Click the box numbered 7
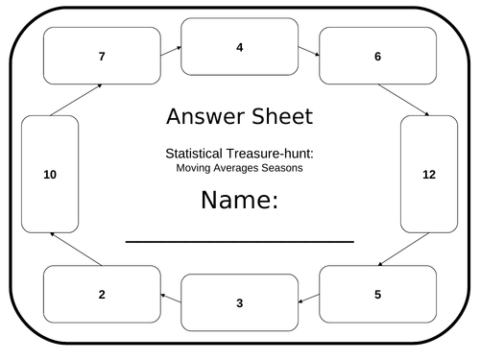pyautogui.click(x=102, y=56)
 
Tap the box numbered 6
pyautogui.click(x=377, y=56)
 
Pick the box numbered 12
pyautogui.click(x=429, y=174)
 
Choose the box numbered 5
pyautogui.click(x=377, y=294)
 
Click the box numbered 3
pyautogui.click(x=239, y=302)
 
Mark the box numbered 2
pyautogui.click(x=102, y=294)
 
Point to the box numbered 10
pyautogui.click(x=50, y=174)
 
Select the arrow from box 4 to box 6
pyautogui.click(x=308, y=50)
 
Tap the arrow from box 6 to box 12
pyautogui.click(x=404, y=100)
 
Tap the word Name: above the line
pyautogui.click(x=239, y=201)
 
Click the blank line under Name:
pyautogui.click(x=239, y=242)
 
